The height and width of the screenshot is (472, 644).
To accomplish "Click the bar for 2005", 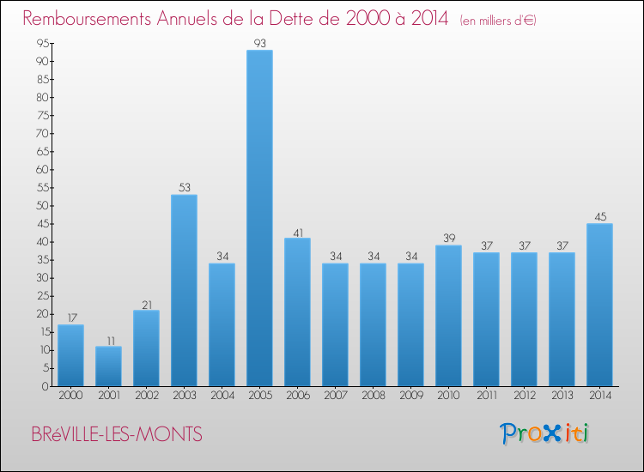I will tap(259, 218).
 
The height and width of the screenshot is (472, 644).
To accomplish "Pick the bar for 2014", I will tap(599, 305).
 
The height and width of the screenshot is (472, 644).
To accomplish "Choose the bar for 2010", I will tap(448, 315).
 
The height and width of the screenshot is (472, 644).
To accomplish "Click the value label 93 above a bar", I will tap(259, 43).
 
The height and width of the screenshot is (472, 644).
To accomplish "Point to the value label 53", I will tap(184, 188).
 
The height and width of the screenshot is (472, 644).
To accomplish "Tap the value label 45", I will tap(599, 216).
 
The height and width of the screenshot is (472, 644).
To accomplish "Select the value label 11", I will tap(108, 339).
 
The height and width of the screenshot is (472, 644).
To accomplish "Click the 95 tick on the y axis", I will tap(41, 44).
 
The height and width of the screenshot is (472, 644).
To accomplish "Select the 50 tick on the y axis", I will tap(41, 206).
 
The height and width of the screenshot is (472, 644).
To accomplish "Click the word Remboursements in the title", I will tap(94, 18).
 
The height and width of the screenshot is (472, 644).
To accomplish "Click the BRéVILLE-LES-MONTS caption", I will tap(117, 435).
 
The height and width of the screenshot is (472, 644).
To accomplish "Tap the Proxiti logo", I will tap(545, 433).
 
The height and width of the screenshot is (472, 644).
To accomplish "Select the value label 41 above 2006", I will tap(297, 231).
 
